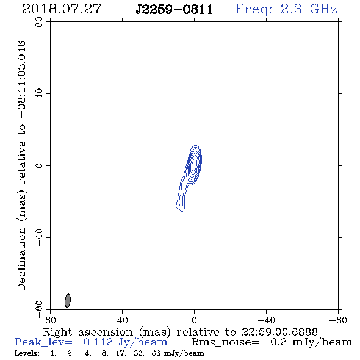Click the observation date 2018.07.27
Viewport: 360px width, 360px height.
point(62,9)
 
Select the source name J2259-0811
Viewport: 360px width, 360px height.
point(175,10)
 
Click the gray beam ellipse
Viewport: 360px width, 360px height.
point(68,301)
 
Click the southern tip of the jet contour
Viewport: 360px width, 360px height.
point(182,211)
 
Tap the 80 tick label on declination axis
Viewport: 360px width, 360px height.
point(39,22)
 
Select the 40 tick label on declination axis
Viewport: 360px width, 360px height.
point(39,94)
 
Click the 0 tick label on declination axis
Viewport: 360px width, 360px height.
point(39,165)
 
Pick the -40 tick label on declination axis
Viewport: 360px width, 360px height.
point(39,238)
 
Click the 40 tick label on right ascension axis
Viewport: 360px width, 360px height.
point(122,320)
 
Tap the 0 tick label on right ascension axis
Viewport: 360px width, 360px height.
point(194,320)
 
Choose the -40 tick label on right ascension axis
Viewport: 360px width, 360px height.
point(266,320)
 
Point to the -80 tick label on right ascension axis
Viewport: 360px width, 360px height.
point(338,320)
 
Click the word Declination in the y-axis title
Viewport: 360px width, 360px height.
point(21,259)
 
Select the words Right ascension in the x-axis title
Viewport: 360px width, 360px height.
point(88,332)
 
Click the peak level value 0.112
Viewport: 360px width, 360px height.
point(98,342)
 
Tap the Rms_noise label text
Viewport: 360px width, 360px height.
point(225,342)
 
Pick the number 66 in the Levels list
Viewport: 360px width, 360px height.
point(156,353)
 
